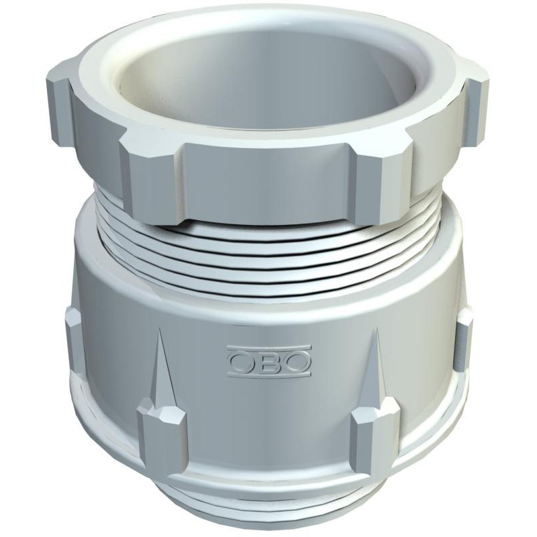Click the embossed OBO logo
pos(269,361)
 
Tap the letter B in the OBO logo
pos(269,362)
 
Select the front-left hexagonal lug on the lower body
pos(163,435)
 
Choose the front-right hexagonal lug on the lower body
pos(375,435)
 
